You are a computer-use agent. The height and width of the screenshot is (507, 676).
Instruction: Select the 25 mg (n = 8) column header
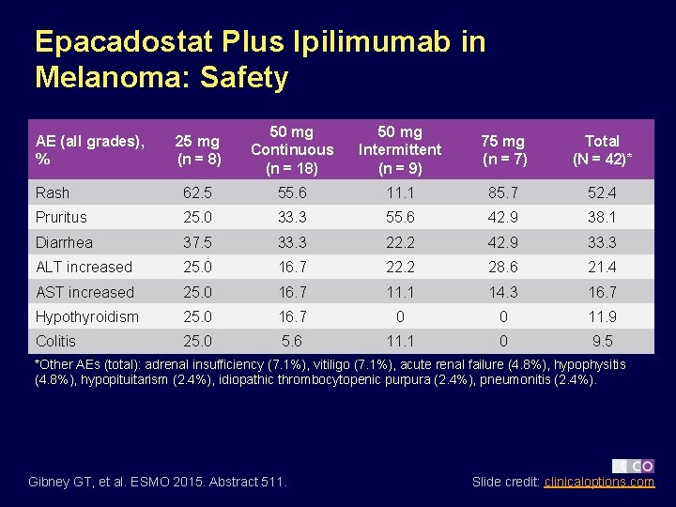(x=198, y=149)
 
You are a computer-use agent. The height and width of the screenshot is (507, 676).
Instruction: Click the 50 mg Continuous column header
(x=292, y=149)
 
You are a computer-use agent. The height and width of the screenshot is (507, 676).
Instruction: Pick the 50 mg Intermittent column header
(x=399, y=149)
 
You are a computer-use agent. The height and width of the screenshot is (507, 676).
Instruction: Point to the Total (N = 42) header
(x=602, y=149)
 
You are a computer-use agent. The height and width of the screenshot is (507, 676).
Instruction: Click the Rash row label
(x=53, y=192)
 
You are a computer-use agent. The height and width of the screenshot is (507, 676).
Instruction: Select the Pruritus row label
(x=61, y=217)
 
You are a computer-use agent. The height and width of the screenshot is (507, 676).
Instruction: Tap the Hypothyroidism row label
(x=86, y=316)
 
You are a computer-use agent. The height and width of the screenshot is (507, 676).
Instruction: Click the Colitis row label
(x=55, y=341)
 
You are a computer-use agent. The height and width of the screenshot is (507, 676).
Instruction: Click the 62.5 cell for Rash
(x=197, y=192)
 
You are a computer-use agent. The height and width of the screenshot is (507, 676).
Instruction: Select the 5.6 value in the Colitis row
(x=292, y=341)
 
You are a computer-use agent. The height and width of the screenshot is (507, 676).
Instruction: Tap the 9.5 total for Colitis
(x=602, y=341)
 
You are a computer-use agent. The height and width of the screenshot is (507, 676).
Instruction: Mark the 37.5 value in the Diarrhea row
(x=197, y=242)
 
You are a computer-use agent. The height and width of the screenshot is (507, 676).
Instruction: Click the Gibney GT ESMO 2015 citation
(x=159, y=482)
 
